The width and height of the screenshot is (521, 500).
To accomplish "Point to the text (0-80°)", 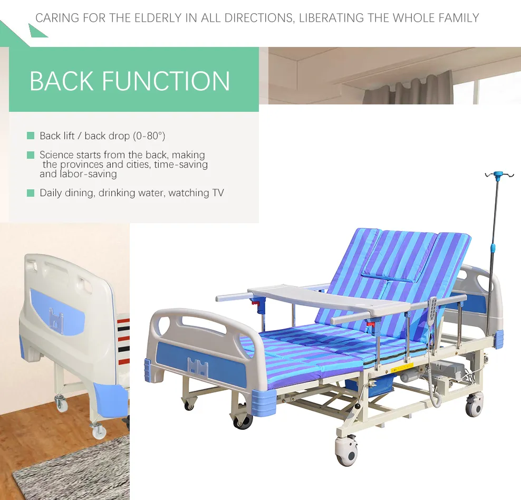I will (x=149, y=136).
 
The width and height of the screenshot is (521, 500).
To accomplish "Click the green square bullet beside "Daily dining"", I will (x=31, y=193).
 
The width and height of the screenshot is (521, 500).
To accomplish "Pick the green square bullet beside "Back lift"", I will (x=31, y=136).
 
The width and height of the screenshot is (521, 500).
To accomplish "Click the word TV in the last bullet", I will (x=218, y=193).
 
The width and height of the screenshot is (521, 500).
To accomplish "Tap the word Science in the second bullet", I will (x=57, y=155).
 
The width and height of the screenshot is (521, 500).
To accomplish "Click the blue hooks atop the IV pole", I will (x=498, y=175).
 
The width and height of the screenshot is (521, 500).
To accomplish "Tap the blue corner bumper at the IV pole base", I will (x=498, y=339).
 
